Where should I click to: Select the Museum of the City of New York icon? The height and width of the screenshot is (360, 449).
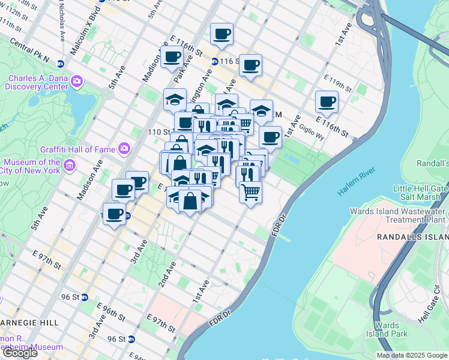click(70, 165)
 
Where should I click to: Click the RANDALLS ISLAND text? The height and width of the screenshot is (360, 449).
click(412, 238)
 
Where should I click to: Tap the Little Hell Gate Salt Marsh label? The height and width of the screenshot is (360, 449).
click(420, 193)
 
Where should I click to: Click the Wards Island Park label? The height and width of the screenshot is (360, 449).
click(391, 329)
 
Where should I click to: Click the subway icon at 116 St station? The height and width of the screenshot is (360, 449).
click(214, 61)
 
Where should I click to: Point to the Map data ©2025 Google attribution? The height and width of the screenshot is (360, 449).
click(411, 355)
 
